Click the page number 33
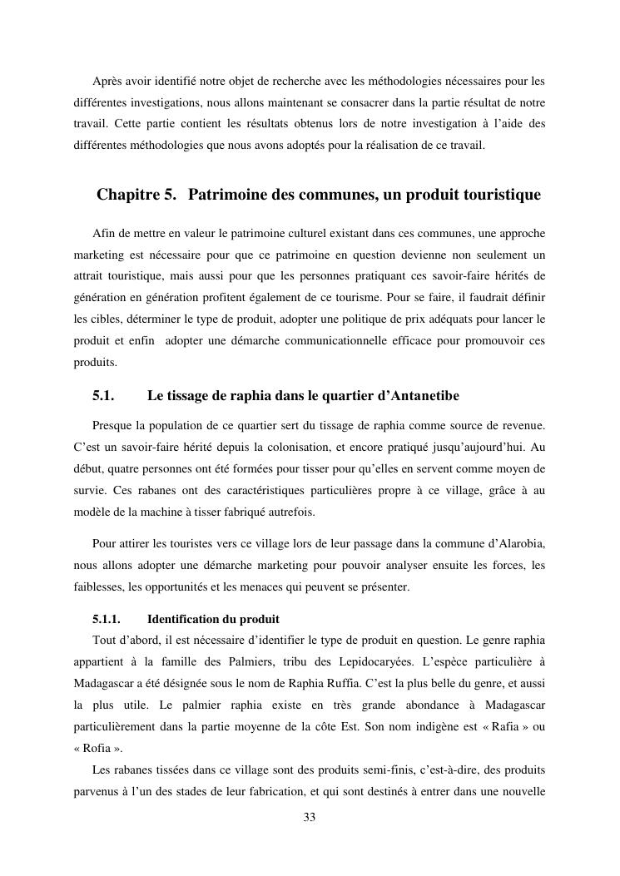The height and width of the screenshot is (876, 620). point(310,817)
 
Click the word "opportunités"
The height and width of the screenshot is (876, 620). point(190,586)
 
